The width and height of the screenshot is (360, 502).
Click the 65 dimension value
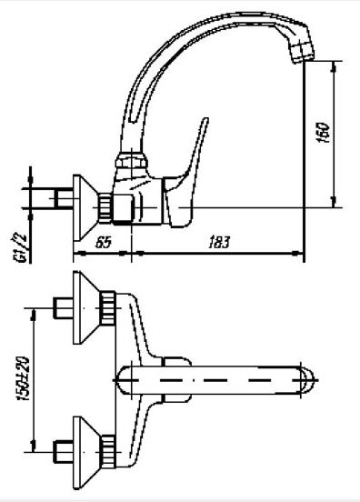tap(104, 242)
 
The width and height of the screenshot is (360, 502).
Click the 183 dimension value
tap(219, 242)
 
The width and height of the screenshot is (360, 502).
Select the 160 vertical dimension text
tap(323, 132)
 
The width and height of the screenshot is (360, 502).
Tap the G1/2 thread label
tap(22, 248)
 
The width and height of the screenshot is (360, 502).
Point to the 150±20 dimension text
tap(23, 378)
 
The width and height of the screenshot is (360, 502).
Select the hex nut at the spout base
tap(132, 160)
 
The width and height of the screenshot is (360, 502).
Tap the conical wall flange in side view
tap(85, 207)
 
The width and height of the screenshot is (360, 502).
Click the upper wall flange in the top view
tap(85, 307)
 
